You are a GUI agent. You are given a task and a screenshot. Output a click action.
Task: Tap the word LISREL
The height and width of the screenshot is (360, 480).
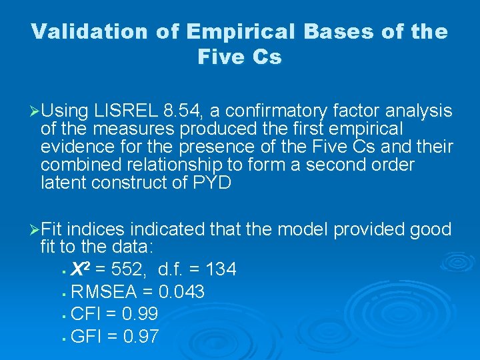[x=123, y=111]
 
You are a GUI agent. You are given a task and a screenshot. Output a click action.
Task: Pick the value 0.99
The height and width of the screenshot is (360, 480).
[x=139, y=314]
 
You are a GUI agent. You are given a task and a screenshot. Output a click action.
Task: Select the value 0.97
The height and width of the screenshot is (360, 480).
[x=141, y=337]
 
